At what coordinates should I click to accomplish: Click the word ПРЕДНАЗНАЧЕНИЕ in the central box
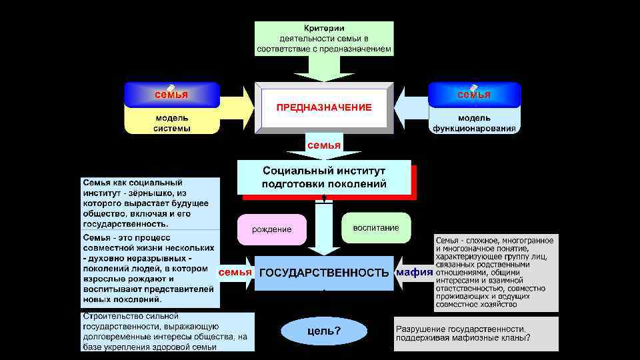coord(324,107)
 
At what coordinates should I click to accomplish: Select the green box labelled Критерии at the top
coord(324,38)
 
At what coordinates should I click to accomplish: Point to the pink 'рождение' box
coord(271,229)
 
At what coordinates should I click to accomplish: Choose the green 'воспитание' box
coord(376,228)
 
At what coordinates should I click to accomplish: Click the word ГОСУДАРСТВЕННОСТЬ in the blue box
coord(323,273)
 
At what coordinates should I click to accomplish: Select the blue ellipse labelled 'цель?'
coord(324,331)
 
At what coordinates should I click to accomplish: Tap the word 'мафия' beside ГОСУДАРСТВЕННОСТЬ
coord(414,272)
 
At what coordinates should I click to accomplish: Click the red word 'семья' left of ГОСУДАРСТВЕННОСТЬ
coord(235,272)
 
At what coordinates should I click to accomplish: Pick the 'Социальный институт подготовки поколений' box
coord(324,177)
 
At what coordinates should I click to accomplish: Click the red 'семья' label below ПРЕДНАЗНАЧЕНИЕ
coord(323,145)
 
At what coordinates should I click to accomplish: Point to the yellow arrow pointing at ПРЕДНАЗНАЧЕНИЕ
coord(237,106)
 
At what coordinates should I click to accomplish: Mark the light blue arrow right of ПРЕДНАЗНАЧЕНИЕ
coord(411,106)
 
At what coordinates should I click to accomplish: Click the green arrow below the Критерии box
coord(324,67)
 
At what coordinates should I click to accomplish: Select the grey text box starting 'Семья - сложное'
coord(496,272)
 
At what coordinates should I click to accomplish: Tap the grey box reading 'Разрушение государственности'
coord(476,333)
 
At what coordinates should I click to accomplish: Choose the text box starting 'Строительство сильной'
coord(167,331)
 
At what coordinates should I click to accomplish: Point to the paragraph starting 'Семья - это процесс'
coord(151,269)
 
